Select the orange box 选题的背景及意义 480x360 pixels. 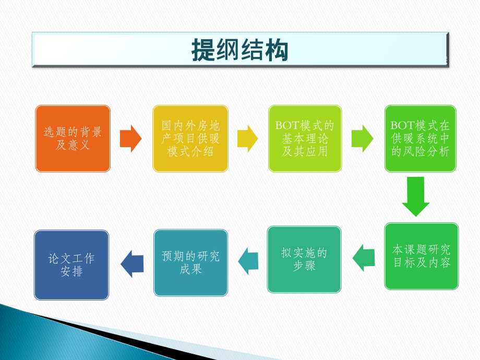coord(73,139)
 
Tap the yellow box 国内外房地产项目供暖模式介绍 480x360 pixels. coord(190,139)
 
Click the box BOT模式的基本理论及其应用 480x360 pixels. coord(305,139)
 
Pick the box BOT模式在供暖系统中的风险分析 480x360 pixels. coord(421,139)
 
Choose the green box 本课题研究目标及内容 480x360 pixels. coord(422,256)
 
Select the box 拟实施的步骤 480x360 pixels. coord(304,259)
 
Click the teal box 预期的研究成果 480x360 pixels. coord(190,262)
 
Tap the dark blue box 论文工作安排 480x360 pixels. coord(71,265)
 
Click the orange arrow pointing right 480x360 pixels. coord(131,139)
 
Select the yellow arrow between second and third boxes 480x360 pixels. coord(248,139)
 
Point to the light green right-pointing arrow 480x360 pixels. coord(363,139)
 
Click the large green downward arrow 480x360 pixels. coord(416,197)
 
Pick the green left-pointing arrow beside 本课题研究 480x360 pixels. coord(364,257)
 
